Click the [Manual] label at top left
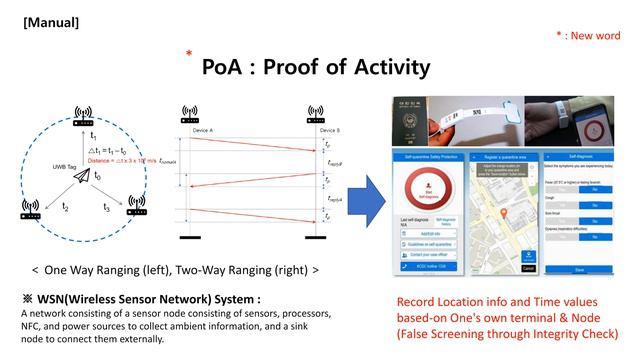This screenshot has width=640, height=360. point(52,20)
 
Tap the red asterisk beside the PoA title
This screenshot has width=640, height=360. point(187,54)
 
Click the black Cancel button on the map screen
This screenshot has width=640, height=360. point(528,268)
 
